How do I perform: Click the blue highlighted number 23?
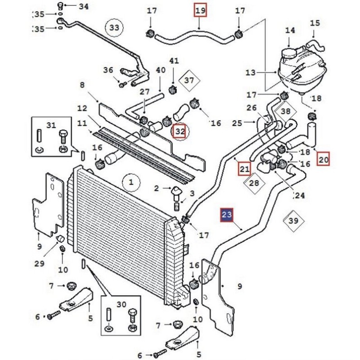coord(227,215)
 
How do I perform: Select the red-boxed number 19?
coord(200,10)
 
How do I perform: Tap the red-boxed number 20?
coord(323,159)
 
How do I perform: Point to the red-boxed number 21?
coord(244,169)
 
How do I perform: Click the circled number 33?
coord(114,28)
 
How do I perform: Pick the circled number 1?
coord(131,183)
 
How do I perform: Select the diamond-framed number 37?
coord(189,81)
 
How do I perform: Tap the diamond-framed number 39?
coord(293,221)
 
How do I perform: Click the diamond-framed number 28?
coord(254,183)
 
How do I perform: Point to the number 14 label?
coord(290,31)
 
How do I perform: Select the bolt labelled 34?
coord(60,6)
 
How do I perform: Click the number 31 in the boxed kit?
coord(51,125)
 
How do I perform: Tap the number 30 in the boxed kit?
coord(121,305)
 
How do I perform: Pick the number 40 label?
coord(161,70)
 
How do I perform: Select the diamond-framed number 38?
coord(286,111)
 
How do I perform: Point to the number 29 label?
coord(39,264)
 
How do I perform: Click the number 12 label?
coord(82,108)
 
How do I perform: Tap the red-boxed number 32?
coord(180,131)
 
